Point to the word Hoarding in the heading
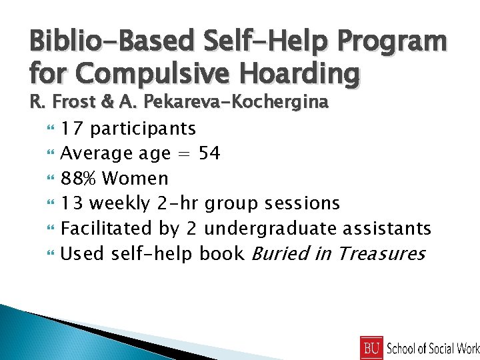tap(303, 72)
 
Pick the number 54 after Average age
tap(209, 153)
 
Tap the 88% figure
tap(79, 178)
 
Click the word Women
tap(136, 178)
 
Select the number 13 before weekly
tap(72, 203)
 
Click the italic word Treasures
tap(381, 253)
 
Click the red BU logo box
tap(371, 347)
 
